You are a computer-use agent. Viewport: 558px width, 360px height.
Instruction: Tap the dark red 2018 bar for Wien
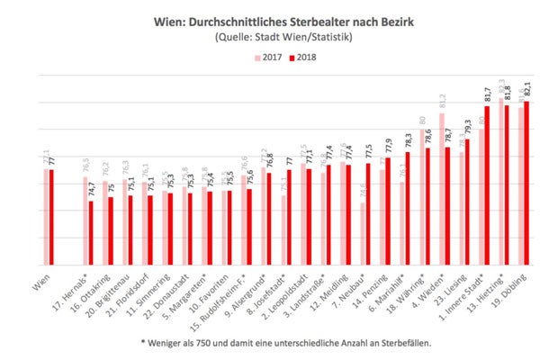(51, 216)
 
